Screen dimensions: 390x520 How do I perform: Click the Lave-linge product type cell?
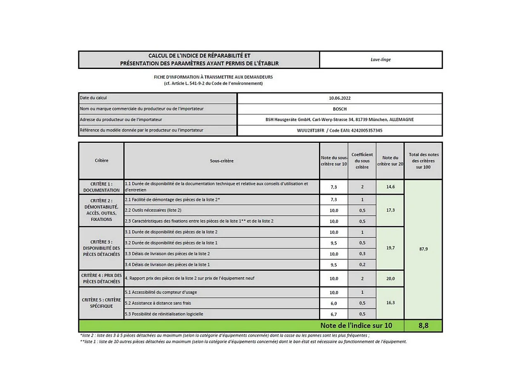point(381,59)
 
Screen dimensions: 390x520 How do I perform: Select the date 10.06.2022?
point(340,98)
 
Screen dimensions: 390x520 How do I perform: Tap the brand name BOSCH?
point(340,109)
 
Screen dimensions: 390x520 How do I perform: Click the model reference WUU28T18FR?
point(311,130)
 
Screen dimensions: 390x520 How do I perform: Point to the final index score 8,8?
point(423,326)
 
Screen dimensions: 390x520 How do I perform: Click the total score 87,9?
point(423,249)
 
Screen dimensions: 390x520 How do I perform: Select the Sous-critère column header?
point(222,161)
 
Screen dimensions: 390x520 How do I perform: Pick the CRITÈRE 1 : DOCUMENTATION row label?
point(101,187)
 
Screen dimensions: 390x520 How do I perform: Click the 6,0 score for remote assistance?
point(333,303)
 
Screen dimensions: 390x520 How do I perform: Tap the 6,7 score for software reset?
point(333,314)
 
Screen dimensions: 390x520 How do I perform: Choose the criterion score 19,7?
point(390,248)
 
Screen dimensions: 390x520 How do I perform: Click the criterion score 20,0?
point(390,279)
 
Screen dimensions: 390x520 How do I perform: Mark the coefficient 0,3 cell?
point(362,254)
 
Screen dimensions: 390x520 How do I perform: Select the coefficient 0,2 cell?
point(362,265)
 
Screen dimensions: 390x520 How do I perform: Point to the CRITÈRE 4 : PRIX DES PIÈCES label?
point(101,279)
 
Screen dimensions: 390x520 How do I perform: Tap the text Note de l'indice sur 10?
point(356,326)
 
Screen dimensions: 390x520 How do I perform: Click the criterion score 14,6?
point(390,187)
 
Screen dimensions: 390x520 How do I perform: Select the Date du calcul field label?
point(94,98)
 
